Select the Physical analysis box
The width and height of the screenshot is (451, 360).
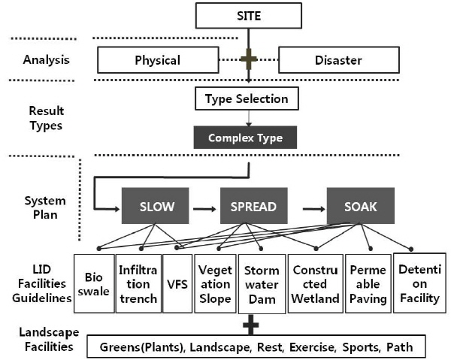point(157,60)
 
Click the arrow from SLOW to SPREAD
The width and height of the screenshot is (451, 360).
point(203,204)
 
